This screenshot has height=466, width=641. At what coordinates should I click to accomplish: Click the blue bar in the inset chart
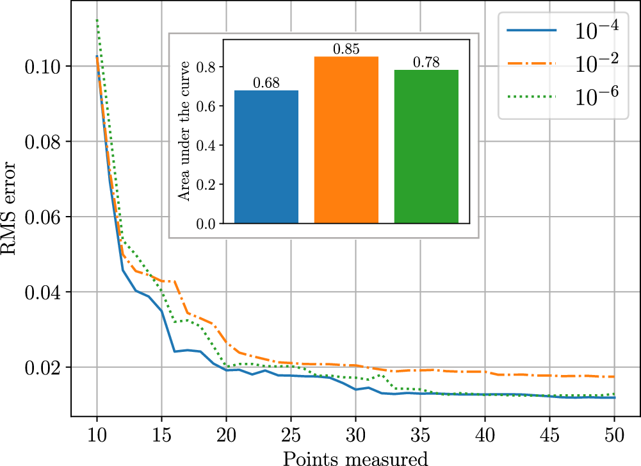pyautogui.click(x=266, y=157)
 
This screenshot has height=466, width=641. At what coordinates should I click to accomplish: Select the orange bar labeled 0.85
pyautogui.click(x=346, y=140)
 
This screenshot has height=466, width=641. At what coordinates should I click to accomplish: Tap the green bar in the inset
pyautogui.click(x=426, y=147)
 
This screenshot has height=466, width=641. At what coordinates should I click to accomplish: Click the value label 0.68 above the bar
pyautogui.click(x=266, y=83)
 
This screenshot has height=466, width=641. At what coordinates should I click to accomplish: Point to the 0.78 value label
pyautogui.click(x=426, y=62)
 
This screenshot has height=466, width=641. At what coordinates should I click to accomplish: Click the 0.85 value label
pyautogui.click(x=346, y=49)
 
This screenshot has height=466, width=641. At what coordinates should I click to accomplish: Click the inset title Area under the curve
pyautogui.click(x=184, y=131)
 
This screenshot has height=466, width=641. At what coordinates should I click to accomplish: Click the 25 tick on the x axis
pyautogui.click(x=291, y=436)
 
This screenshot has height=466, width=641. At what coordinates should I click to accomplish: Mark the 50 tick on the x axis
pyautogui.click(x=614, y=436)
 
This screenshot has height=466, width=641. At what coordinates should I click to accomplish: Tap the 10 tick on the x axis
pyautogui.click(x=97, y=436)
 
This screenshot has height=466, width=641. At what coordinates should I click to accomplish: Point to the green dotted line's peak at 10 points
pyautogui.click(x=97, y=20)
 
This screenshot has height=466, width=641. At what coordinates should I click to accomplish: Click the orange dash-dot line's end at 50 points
pyautogui.click(x=614, y=377)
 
